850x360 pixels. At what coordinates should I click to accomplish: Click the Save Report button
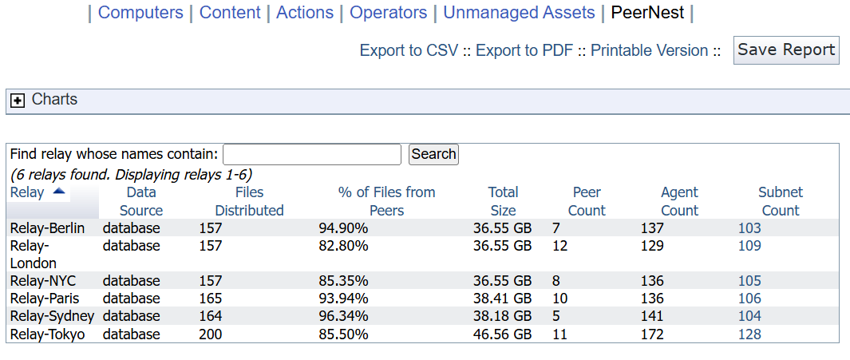[785, 49]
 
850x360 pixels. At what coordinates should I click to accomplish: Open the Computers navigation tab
[140, 13]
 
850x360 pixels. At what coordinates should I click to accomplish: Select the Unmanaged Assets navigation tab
[519, 13]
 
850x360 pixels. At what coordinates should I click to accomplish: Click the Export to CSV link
[409, 50]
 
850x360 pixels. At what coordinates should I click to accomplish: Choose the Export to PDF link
[524, 50]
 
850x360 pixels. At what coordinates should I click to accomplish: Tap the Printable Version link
[649, 50]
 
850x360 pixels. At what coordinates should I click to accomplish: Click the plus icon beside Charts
[18, 101]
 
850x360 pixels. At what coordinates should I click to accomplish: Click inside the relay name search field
[311, 154]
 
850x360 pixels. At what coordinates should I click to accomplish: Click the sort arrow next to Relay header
[59, 192]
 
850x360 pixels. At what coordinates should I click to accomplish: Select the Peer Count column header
[588, 201]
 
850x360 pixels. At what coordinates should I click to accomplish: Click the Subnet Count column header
[780, 201]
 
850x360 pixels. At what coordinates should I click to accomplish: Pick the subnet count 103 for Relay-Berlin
[749, 228]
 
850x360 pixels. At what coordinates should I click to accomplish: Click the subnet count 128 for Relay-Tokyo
[749, 334]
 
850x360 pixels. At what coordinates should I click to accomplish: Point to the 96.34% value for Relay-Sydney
[343, 316]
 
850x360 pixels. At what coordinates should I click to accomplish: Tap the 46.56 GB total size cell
[502, 334]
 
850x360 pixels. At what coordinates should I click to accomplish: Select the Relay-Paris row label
[40, 299]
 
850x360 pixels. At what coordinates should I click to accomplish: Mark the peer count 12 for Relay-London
[559, 246]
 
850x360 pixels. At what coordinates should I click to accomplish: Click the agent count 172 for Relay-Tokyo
[651, 334]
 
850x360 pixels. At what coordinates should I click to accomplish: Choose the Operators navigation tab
[388, 13]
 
